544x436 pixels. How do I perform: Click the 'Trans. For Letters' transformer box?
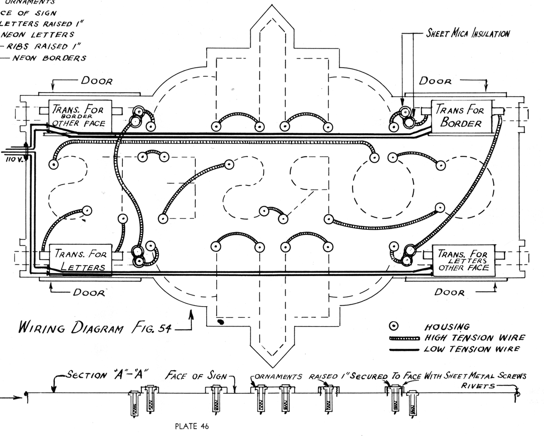point(80,259)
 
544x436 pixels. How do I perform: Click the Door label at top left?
point(97,81)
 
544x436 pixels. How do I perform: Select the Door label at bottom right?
point(449,292)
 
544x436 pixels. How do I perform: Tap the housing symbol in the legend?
point(395,326)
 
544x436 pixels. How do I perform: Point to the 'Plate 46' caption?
point(192,426)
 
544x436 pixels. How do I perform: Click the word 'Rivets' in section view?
point(476,386)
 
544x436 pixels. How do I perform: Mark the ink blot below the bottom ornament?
point(221,322)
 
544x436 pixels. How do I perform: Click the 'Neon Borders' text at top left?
point(49,58)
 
